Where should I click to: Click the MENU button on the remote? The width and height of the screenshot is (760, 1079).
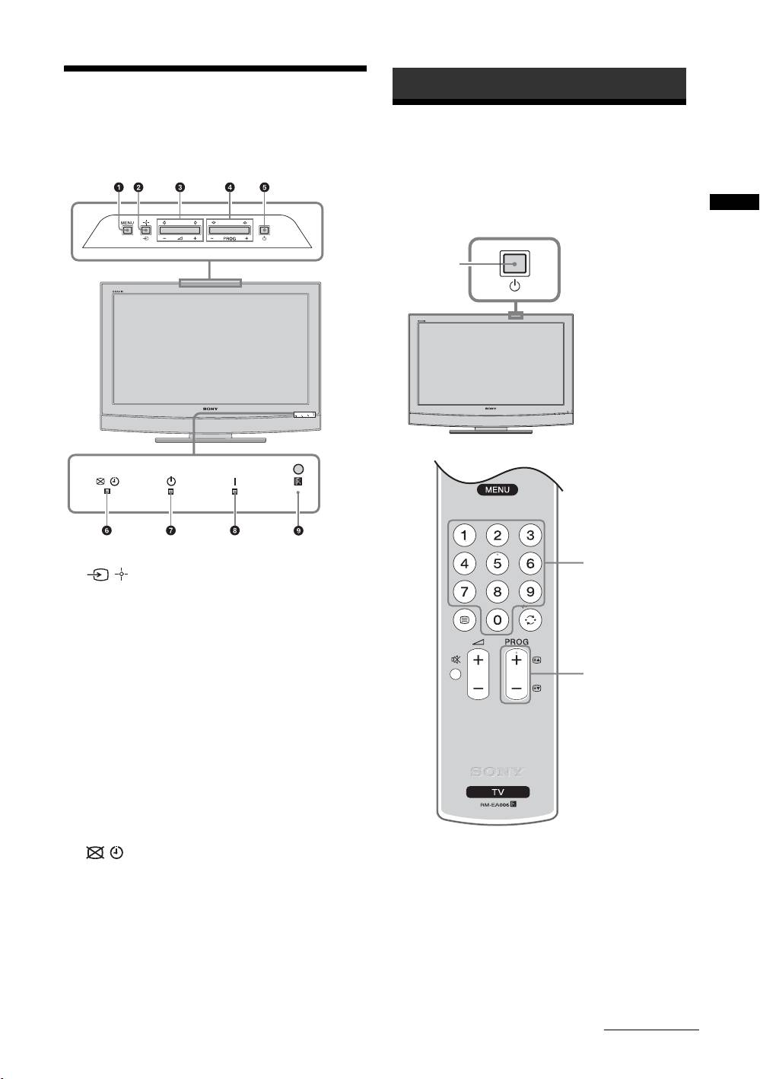(x=498, y=490)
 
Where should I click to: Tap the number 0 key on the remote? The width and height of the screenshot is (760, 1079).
(x=498, y=620)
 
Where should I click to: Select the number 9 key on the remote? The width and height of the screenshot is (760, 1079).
(x=530, y=591)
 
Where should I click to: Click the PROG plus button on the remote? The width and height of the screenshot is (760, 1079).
(x=517, y=660)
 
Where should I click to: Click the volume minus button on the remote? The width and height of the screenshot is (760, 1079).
(x=478, y=688)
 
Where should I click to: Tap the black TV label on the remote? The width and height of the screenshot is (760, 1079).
(x=498, y=792)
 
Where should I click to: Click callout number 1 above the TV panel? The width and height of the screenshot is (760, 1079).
(x=118, y=187)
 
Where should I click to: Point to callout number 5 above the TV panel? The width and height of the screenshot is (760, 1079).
(x=264, y=187)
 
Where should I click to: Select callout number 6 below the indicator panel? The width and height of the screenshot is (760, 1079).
(x=107, y=530)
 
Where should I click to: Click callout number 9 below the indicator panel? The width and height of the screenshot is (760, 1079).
(x=298, y=530)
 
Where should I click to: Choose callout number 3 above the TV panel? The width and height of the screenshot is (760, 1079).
(x=180, y=187)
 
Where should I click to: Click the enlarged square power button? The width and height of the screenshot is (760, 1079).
(x=515, y=263)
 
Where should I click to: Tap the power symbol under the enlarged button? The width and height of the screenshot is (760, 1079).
(x=515, y=286)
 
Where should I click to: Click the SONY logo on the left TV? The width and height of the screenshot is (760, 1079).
(x=210, y=409)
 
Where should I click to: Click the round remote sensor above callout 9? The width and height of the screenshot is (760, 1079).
(x=298, y=469)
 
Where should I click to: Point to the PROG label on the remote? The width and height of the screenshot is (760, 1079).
(x=517, y=642)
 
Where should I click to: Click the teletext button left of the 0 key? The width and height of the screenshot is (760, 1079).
(x=464, y=620)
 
